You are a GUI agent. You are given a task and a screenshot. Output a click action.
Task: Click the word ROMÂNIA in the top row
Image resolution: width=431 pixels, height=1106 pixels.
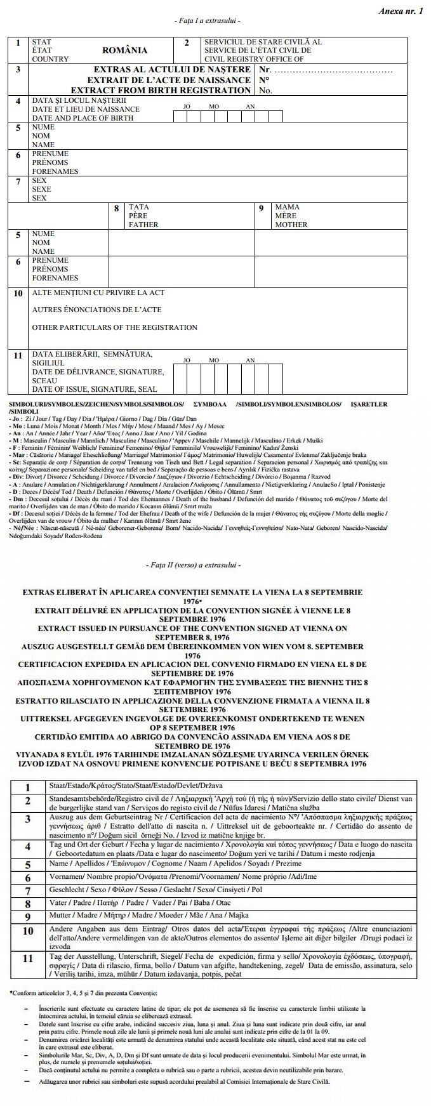point(124,50)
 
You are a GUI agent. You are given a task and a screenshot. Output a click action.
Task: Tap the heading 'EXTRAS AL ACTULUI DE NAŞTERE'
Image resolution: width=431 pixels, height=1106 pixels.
point(171,69)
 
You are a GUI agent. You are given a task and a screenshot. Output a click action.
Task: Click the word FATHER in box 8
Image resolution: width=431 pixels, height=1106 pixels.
point(143,225)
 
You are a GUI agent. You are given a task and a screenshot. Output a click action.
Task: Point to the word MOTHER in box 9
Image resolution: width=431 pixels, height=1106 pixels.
point(291,225)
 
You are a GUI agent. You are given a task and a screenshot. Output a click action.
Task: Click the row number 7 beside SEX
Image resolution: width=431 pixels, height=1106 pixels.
point(18,181)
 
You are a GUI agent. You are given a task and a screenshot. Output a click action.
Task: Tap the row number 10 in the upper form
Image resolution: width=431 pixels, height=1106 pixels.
point(18,293)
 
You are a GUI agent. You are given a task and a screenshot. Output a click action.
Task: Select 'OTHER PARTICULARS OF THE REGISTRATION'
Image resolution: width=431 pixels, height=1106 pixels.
point(114,327)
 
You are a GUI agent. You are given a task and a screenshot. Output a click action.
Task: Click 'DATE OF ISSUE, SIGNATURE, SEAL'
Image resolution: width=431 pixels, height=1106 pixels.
point(94,389)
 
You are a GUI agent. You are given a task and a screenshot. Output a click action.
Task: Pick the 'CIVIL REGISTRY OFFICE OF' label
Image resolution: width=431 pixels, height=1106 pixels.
point(253,59)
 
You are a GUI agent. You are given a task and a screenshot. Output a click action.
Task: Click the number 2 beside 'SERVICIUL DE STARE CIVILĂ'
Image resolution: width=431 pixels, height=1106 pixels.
point(187,43)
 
